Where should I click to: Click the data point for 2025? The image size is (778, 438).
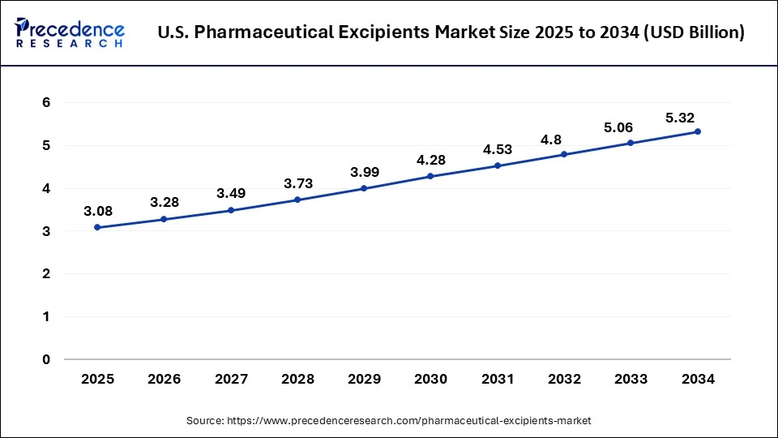[x=97, y=227]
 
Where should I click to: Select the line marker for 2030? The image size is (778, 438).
[x=430, y=176]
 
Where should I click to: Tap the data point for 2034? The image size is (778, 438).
[x=697, y=131]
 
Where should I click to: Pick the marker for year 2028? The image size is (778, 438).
[x=297, y=200]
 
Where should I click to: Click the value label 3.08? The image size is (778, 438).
[x=97, y=211]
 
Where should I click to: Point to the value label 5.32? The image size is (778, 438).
[x=680, y=118]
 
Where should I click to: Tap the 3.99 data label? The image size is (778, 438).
[x=364, y=172]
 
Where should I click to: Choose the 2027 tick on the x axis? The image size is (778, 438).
[x=231, y=379]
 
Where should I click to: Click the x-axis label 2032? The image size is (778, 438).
[x=564, y=379]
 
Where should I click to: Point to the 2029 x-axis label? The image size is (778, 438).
[x=364, y=379]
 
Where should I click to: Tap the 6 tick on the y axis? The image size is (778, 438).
[x=47, y=103]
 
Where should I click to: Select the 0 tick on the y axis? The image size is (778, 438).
[x=47, y=359]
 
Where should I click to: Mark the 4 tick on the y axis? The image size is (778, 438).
[x=47, y=188]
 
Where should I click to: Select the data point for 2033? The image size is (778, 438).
[x=631, y=143]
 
